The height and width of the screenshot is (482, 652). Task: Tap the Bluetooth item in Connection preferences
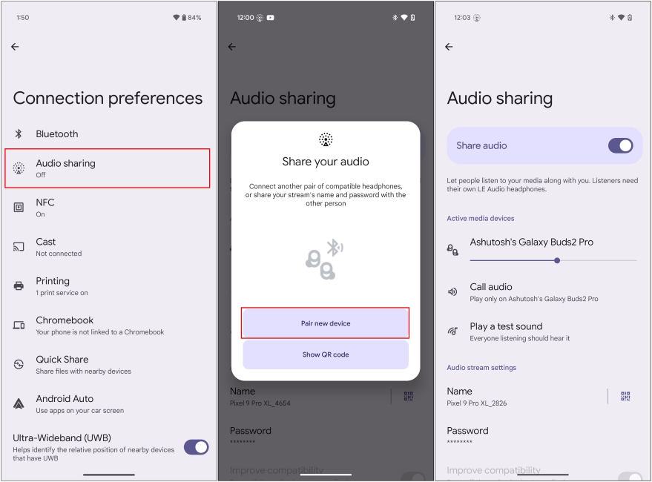coord(57,134)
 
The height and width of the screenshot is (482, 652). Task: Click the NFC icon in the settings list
coord(19,208)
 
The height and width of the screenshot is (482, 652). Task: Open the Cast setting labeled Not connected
coord(59,247)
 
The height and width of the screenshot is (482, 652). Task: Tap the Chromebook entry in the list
coord(99,326)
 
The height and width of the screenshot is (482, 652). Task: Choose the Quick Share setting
coord(83,365)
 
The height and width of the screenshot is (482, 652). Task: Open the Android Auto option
coord(79,404)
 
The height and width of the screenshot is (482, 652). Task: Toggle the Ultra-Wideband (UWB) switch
coord(196,447)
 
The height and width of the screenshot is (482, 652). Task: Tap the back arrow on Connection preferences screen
coord(15,47)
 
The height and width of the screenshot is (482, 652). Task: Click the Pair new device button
coord(326,323)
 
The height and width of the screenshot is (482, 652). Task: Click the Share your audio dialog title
coord(326,162)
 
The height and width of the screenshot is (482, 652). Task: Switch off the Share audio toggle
coord(620,145)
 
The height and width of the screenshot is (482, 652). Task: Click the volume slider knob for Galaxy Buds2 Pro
coord(557,260)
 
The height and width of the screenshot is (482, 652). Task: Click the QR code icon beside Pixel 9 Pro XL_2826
coord(625,397)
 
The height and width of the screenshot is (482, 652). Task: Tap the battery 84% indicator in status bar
coord(191,17)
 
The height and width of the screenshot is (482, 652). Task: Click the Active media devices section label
coord(480,219)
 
